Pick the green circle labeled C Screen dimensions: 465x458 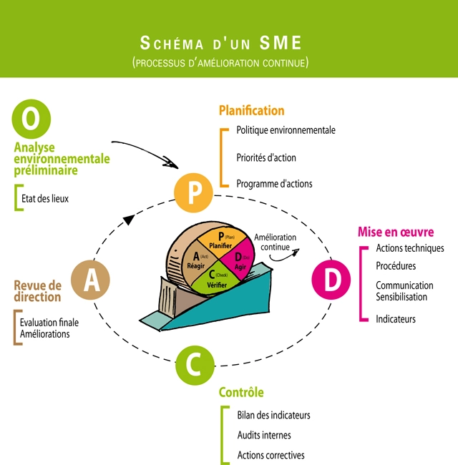pos(194,365)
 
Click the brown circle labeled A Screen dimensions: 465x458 pos(91,280)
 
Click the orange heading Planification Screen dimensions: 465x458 pos(251,111)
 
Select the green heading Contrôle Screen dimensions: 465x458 pos(241,392)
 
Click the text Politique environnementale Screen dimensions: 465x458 pos(286,130)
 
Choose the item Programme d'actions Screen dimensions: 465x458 pos(274,183)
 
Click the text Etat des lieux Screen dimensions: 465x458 pos(45,198)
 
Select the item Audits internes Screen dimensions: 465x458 pos(264,435)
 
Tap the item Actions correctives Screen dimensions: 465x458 pos(271,455)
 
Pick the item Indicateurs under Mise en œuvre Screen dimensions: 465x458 pos(396,319)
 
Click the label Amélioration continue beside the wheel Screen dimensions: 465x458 pos(275,243)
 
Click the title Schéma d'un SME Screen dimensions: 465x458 pos(220,41)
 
